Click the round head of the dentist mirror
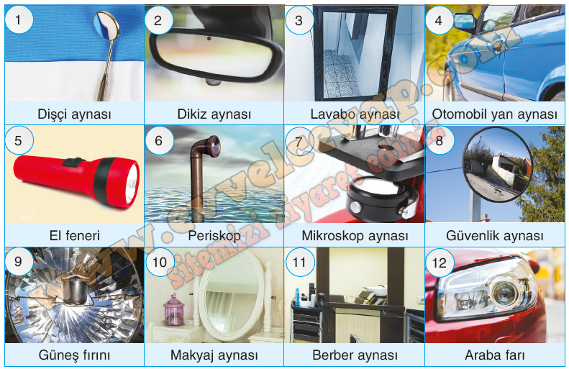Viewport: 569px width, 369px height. coord(106,25)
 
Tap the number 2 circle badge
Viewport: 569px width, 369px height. coord(158,20)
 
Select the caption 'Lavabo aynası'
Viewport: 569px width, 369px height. coord(355,114)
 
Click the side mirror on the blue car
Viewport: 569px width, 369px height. coord(465,22)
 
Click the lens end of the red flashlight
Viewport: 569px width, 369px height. coord(132,184)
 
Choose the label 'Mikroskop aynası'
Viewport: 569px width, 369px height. coord(355,236)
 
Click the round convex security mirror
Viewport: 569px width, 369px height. coord(496,164)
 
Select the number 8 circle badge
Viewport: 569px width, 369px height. coord(439,140)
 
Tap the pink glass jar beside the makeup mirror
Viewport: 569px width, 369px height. coord(174,309)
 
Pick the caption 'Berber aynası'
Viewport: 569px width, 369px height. coord(355,355)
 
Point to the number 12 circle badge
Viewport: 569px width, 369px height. coord(439,263)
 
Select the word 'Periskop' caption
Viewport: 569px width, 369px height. coord(214,236)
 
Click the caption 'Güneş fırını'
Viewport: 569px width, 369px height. coord(74,355)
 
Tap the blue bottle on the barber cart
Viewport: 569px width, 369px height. coord(297,298)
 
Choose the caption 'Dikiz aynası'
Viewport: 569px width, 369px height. coord(214,114)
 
